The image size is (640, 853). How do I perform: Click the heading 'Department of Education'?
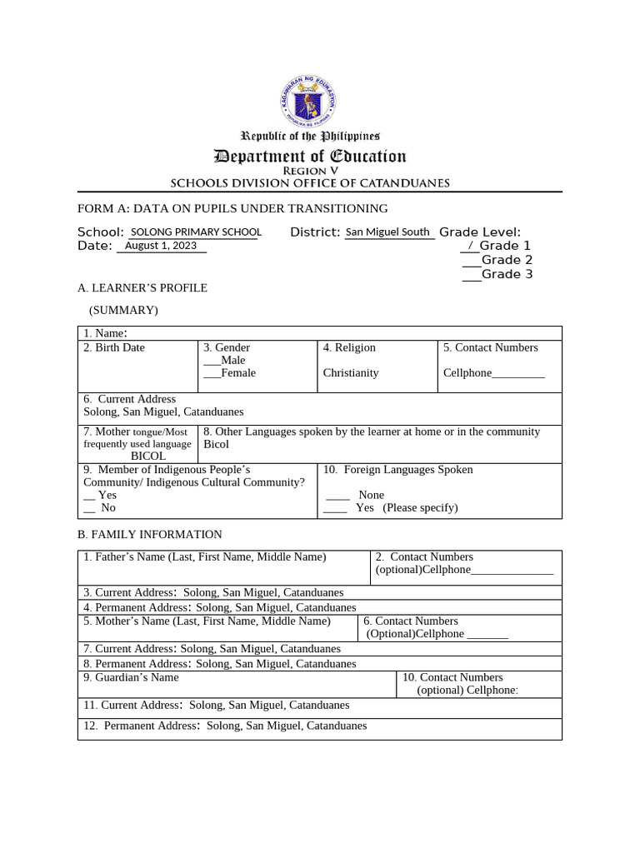(x=310, y=156)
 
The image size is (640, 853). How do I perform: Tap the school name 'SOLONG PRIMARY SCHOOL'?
(x=197, y=232)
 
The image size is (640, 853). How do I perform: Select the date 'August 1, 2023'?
(x=161, y=246)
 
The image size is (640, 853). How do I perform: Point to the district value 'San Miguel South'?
(x=387, y=232)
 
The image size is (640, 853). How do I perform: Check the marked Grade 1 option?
(x=471, y=246)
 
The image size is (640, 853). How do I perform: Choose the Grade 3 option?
(x=471, y=274)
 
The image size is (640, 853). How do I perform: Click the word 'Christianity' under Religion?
(x=351, y=373)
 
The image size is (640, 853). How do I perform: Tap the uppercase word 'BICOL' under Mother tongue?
(x=148, y=456)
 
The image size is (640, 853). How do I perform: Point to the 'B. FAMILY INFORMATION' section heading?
(x=150, y=534)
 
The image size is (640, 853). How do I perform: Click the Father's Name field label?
(x=205, y=556)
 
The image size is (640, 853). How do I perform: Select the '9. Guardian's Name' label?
(x=131, y=677)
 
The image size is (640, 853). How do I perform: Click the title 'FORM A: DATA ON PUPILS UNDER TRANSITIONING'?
(x=232, y=208)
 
